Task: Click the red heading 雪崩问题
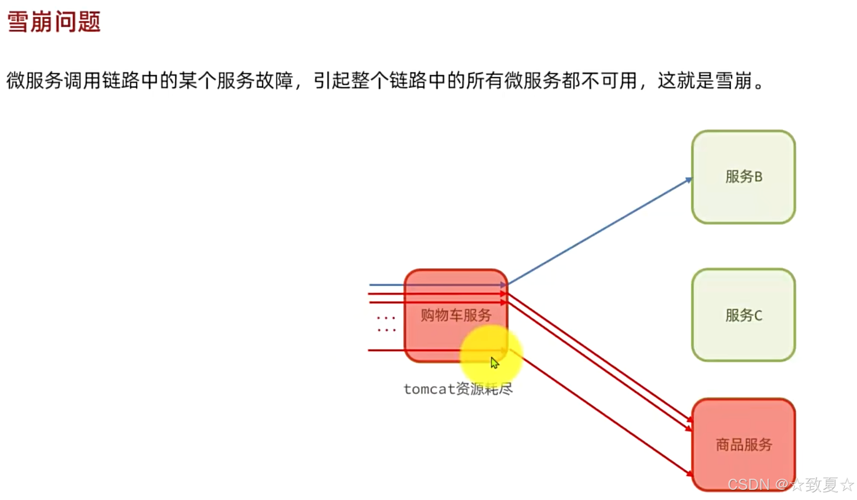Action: pos(54,22)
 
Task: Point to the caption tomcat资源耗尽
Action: pos(458,389)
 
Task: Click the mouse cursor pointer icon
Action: pos(494,362)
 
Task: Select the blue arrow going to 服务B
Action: pos(599,232)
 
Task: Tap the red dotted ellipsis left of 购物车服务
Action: pos(386,324)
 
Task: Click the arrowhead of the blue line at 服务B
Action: pos(688,180)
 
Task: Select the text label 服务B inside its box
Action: pos(743,176)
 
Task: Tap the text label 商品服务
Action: pos(744,444)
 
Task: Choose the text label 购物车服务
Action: pos(456,315)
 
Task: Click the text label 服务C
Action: pos(743,315)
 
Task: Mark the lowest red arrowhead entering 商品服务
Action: pos(689,474)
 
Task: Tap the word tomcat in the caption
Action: pos(430,389)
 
